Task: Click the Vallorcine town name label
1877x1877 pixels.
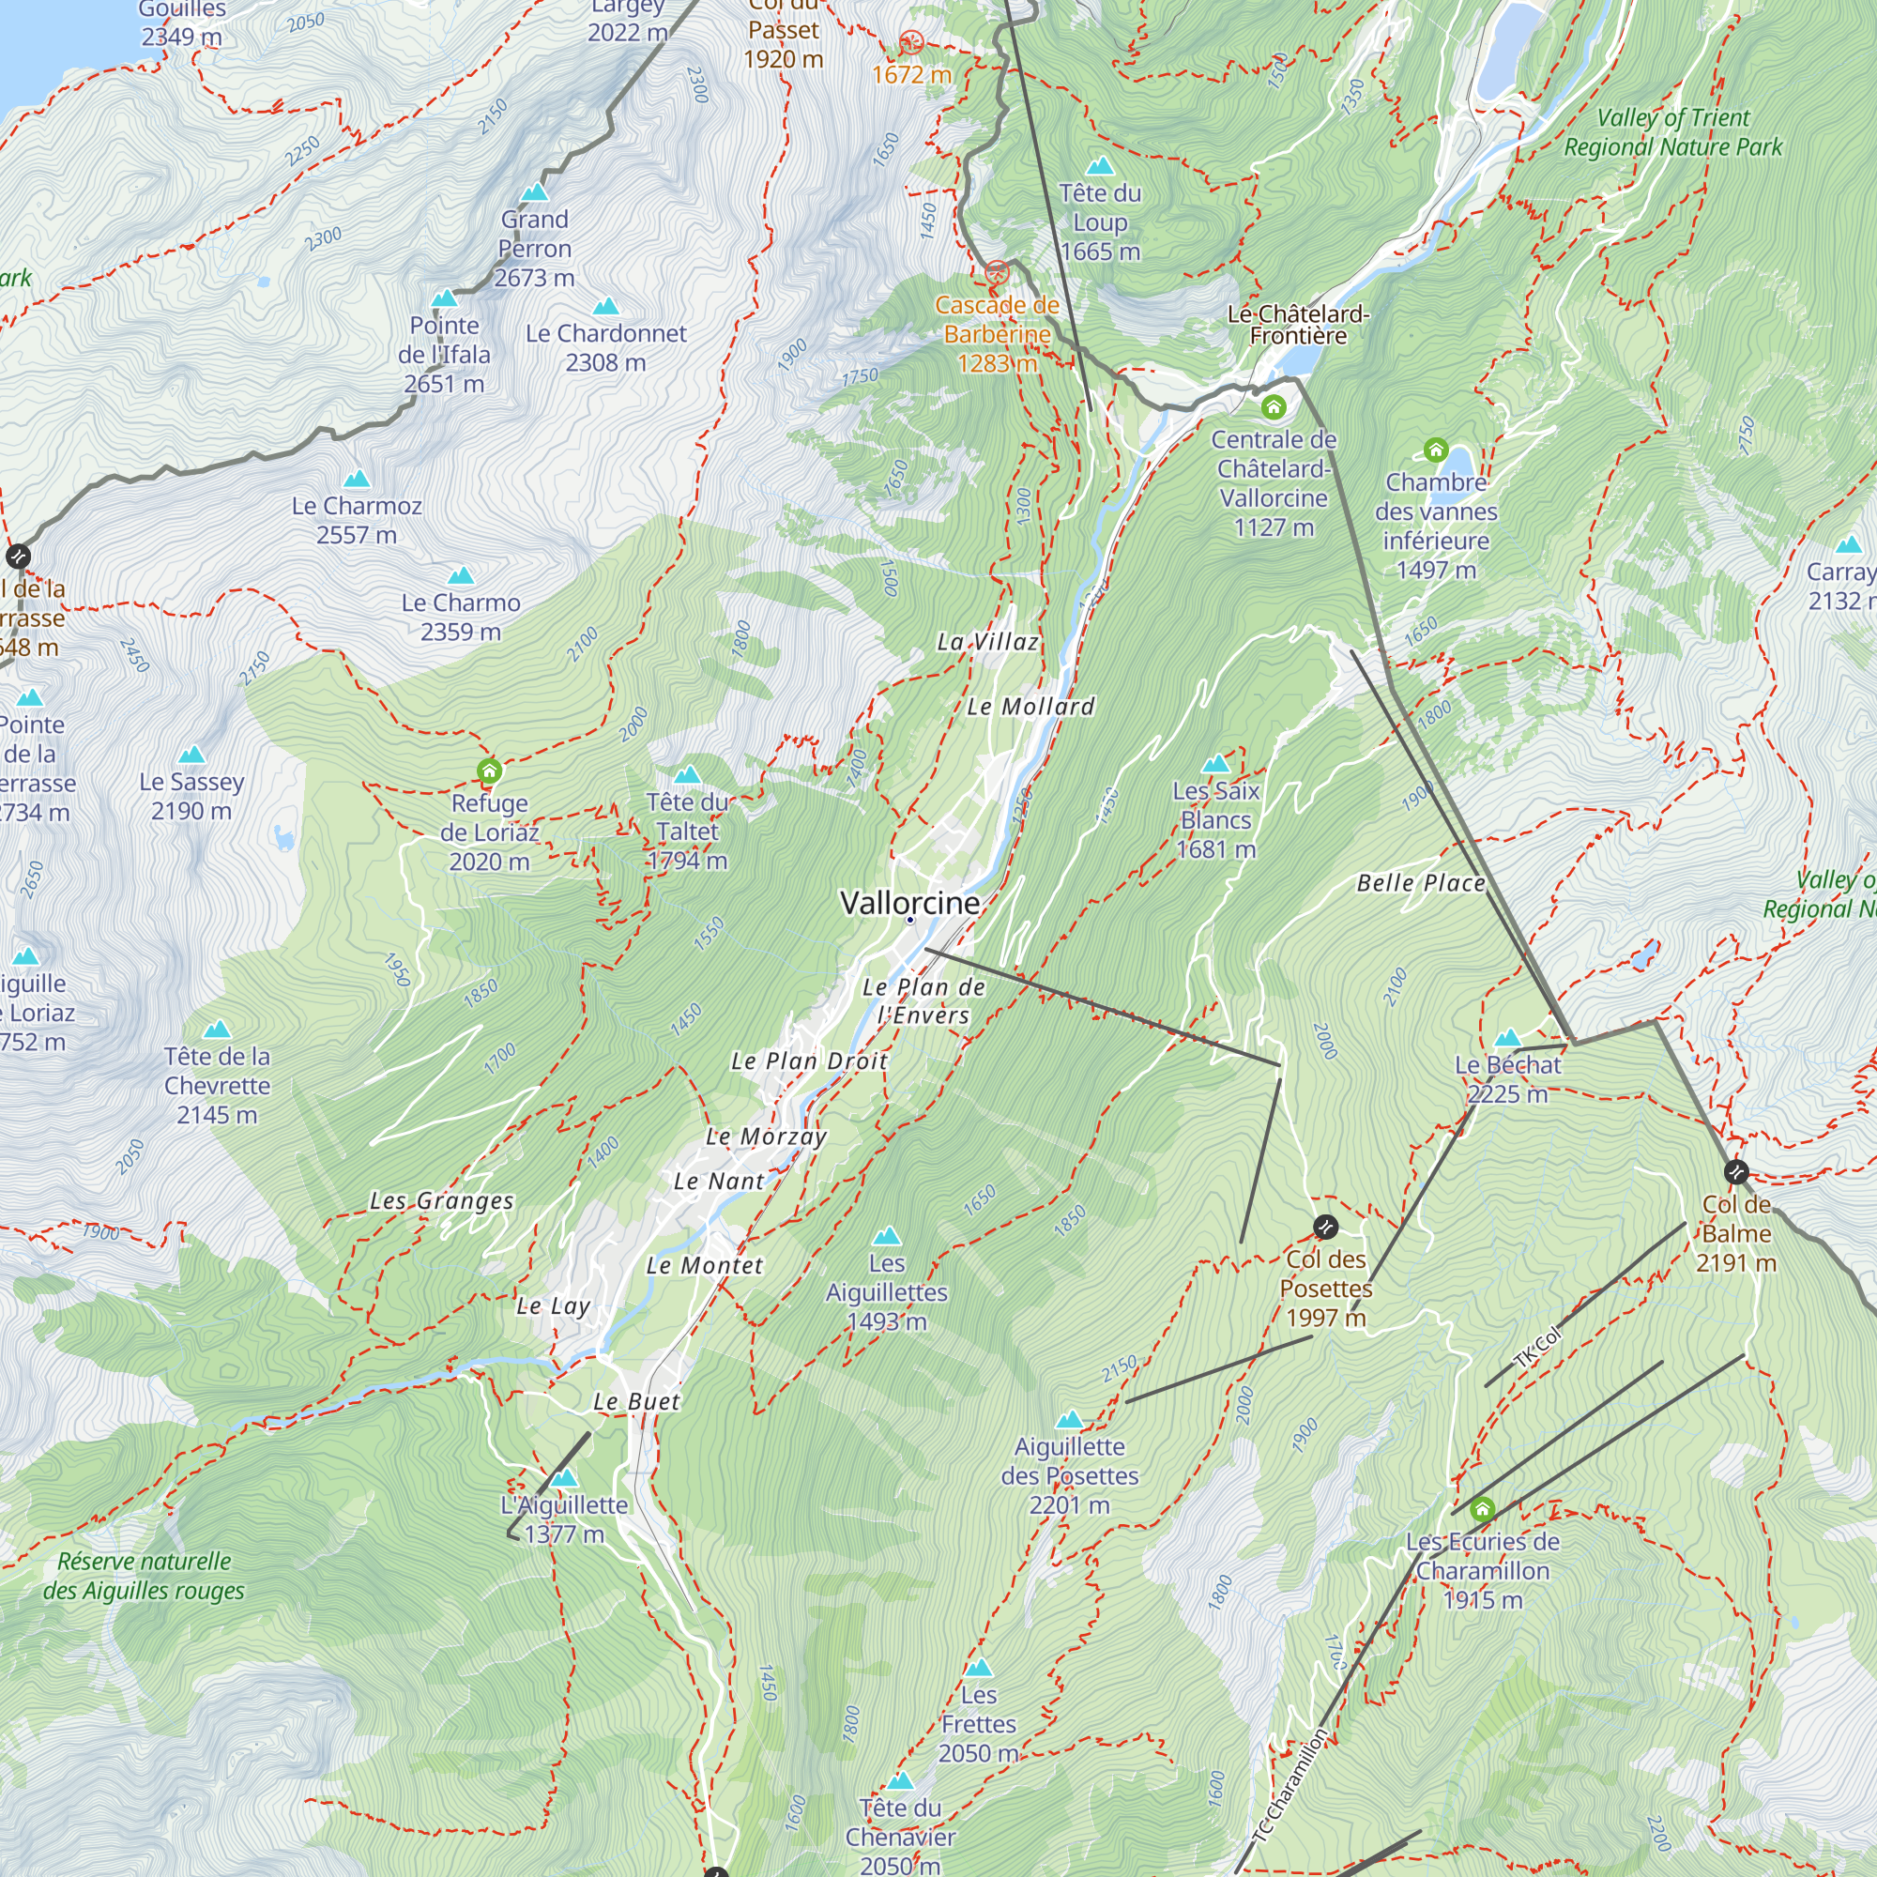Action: tap(909, 903)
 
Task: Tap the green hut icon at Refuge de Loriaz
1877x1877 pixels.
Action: tap(489, 771)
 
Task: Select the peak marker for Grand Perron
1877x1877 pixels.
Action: tap(534, 192)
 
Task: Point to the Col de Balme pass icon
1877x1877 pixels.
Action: tap(1735, 1171)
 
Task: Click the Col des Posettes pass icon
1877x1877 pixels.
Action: tap(1325, 1227)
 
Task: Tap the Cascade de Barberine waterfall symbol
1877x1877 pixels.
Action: tap(997, 273)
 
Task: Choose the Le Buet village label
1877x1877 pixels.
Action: tap(636, 1401)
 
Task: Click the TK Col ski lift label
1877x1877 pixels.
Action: tap(1538, 1346)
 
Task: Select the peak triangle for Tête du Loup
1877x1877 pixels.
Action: tap(1100, 166)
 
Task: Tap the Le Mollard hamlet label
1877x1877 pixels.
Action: tap(1030, 707)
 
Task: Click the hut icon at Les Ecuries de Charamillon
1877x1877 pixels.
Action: tap(1482, 1509)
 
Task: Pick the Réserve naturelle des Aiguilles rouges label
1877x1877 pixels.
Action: tap(144, 1576)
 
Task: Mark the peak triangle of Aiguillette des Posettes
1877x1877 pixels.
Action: tap(1069, 1419)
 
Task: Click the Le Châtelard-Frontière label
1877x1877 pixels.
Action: tap(1298, 325)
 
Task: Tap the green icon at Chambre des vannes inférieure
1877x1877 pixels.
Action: tap(1435, 450)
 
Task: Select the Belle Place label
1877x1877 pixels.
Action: tap(1420, 883)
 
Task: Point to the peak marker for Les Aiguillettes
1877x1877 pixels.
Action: tap(886, 1236)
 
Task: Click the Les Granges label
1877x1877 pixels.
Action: tap(441, 1201)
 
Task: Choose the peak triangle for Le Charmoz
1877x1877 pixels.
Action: tap(357, 479)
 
